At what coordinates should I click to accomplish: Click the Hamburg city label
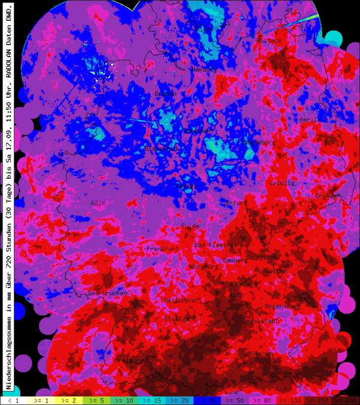pyautogui.click(x=204, y=69)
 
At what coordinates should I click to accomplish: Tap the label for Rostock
pyautogui.click(x=268, y=40)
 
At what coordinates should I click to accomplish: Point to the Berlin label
pyautogui.click(x=309, y=120)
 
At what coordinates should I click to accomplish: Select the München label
pyautogui.click(x=260, y=353)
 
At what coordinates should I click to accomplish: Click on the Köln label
pyautogui.click(x=98, y=203)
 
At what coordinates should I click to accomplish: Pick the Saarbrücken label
pyautogui.click(x=107, y=293)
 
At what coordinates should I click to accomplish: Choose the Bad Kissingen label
pyautogui.click(x=218, y=245)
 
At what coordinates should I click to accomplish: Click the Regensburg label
pyautogui.click(x=283, y=306)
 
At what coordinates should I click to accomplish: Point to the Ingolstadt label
pyautogui.click(x=261, y=321)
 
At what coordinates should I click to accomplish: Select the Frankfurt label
pyautogui.click(x=163, y=249)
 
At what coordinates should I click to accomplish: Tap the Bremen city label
pyautogui.click(x=165, y=94)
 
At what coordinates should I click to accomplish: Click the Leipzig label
pyautogui.click(x=282, y=183)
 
